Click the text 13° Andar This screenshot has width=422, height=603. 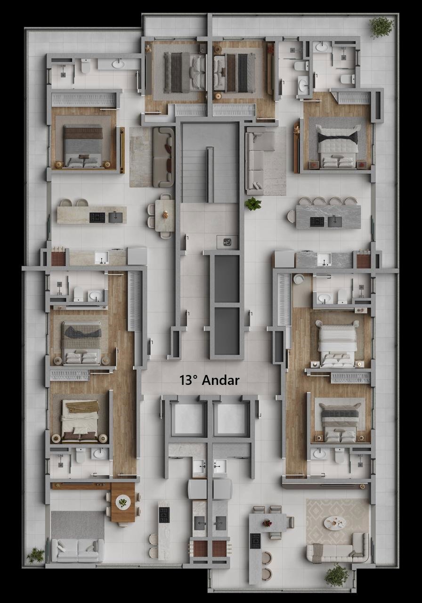coord(210,380)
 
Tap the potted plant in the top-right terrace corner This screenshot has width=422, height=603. coord(381,27)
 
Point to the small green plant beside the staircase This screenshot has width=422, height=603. coord(253,204)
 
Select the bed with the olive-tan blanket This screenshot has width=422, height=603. coord(80,421)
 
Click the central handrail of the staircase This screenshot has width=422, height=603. coord(210,174)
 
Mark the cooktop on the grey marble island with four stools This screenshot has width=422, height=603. coord(317,222)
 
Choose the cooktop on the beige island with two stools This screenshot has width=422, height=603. coord(97,218)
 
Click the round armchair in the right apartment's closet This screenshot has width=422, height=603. coord(298,278)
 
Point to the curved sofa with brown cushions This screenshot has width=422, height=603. coord(163,157)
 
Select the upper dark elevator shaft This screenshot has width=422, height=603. coord(227,278)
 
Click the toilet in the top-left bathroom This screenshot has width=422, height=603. coord(86,66)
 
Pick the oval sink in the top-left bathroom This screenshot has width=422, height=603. coord(118,64)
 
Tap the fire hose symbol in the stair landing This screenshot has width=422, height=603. coord(227,242)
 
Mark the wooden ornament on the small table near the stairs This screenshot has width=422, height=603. coord(165,214)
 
